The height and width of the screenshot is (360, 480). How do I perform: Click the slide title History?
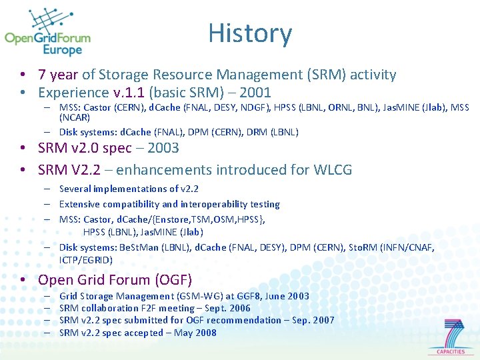coord(250,34)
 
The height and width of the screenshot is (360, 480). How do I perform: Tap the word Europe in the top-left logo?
coord(62,51)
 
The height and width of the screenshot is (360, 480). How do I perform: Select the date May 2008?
coord(195,333)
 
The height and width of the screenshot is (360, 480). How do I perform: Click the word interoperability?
coord(215,204)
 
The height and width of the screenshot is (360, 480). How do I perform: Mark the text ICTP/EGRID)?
coord(86,260)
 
